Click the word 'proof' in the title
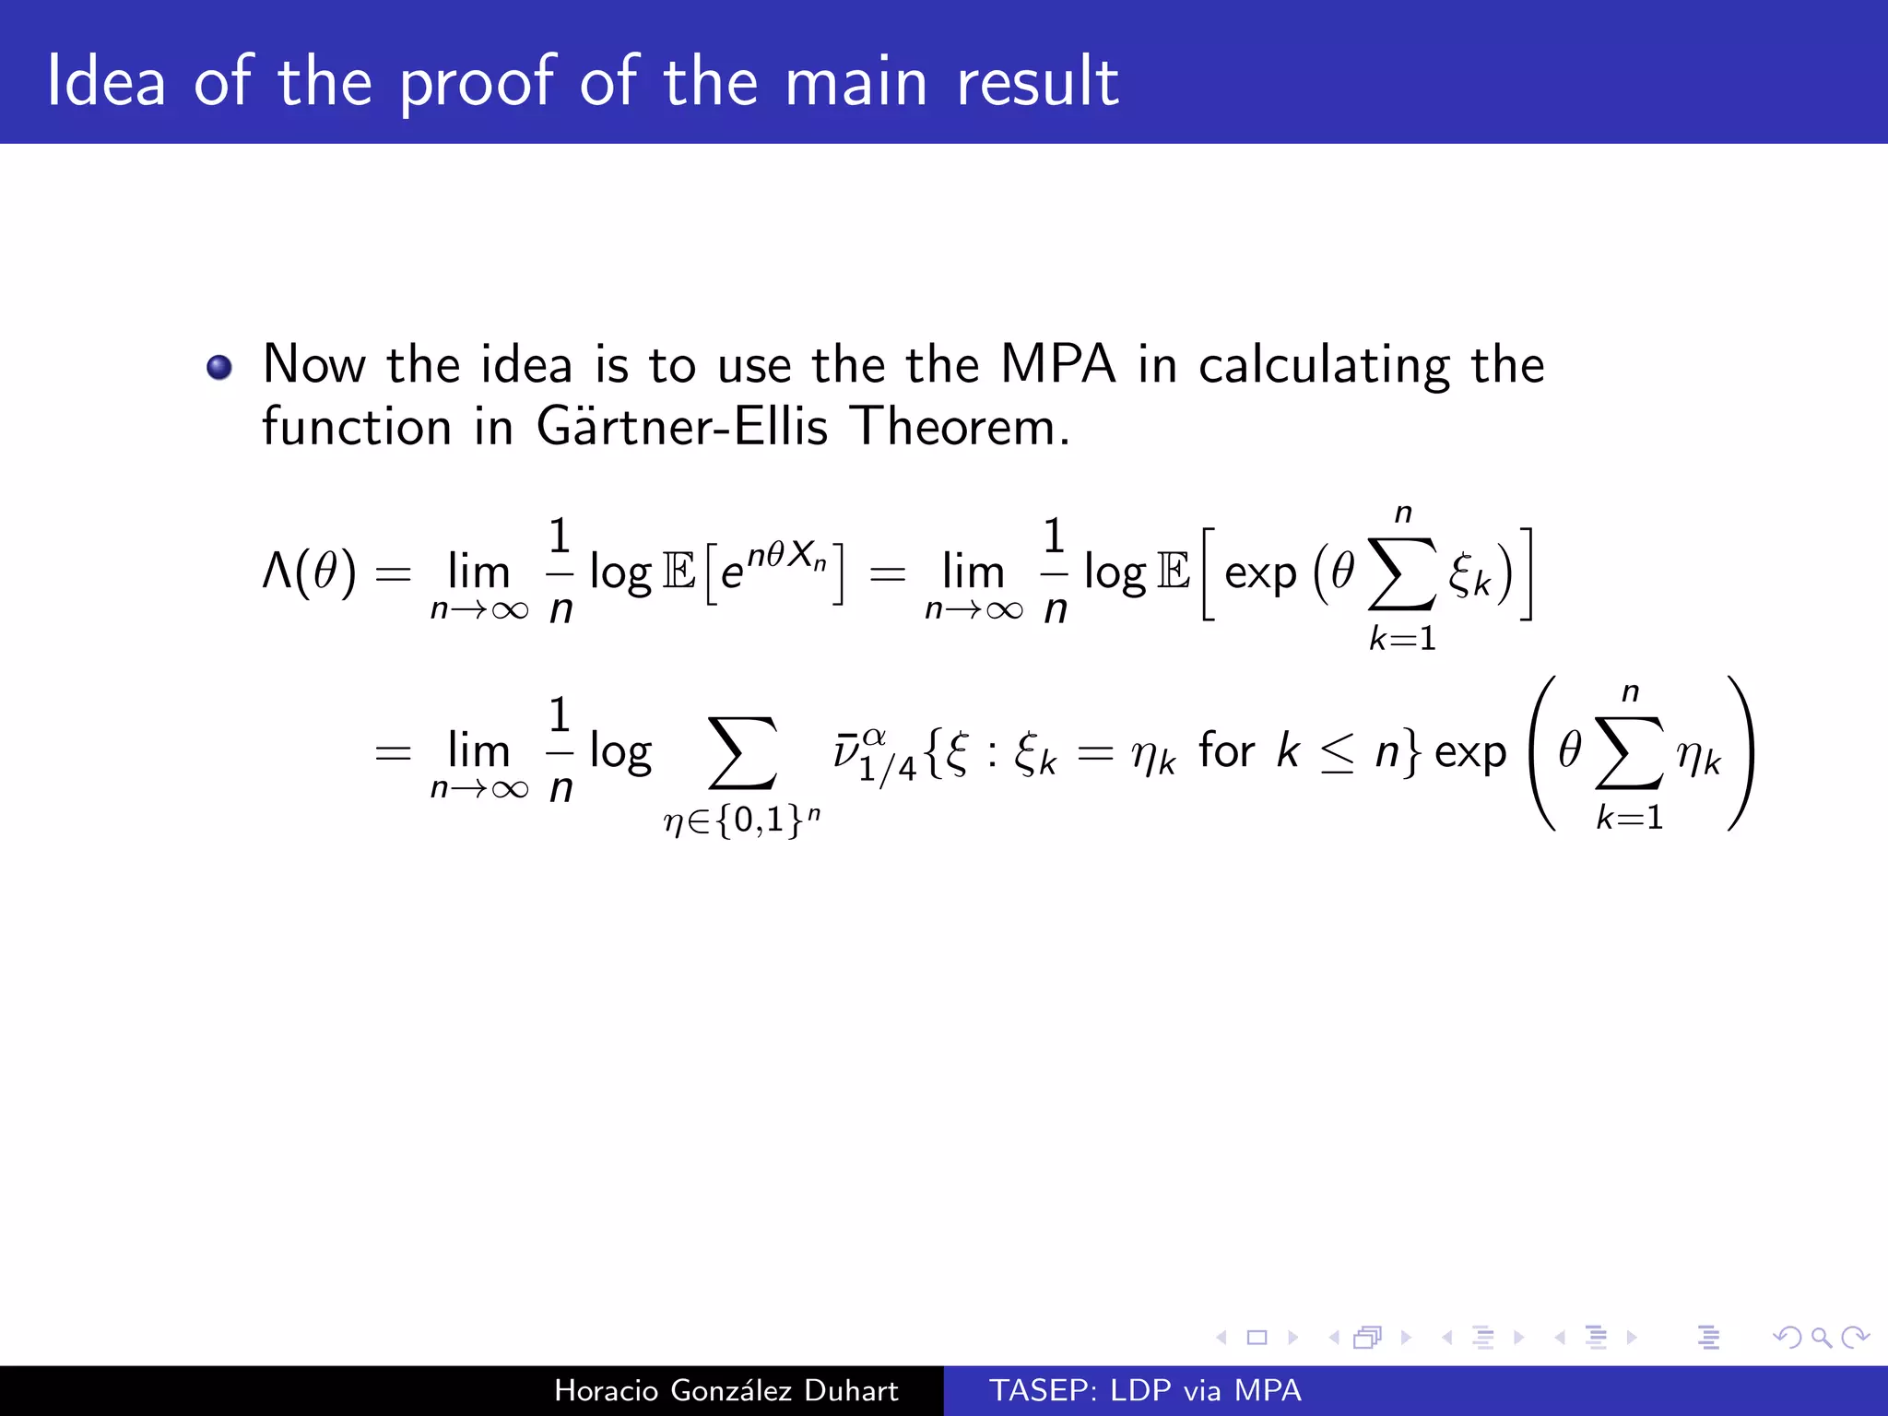tap(478, 83)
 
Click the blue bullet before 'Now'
tap(219, 368)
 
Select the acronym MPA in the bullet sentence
tap(1057, 364)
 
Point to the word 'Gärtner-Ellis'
tap(682, 427)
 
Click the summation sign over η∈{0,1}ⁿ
tap(741, 753)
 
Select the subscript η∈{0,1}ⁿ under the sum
tap(741, 819)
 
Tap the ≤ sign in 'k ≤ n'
tap(1337, 755)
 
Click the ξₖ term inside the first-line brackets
tap(1469, 575)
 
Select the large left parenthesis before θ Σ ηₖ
tap(1542, 753)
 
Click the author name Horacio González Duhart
tap(726, 1390)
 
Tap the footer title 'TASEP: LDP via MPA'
tap(1145, 1390)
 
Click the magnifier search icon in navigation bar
tap(1821, 1337)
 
